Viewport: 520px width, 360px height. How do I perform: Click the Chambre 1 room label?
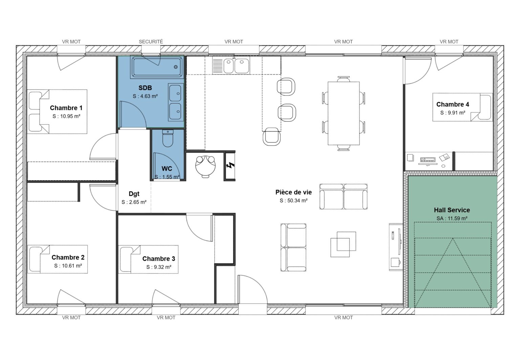pyautogui.click(x=66, y=108)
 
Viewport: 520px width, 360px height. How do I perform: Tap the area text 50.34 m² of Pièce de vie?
pyautogui.click(x=294, y=200)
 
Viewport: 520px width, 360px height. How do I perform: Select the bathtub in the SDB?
pyautogui.click(x=157, y=67)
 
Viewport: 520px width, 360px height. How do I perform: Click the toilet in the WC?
pyautogui.click(x=168, y=139)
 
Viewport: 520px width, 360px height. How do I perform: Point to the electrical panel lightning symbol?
pyautogui.click(x=230, y=166)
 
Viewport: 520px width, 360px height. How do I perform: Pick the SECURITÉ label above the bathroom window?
pyautogui.click(x=151, y=42)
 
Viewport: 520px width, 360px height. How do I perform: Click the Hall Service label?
pyautogui.click(x=452, y=210)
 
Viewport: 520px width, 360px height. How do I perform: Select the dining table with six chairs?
pyautogui.click(x=343, y=113)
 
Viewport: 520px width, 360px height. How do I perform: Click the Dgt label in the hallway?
pyautogui.click(x=134, y=194)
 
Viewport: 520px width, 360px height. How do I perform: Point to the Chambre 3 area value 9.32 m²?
pyautogui.click(x=159, y=267)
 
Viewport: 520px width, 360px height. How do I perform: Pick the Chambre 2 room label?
pyautogui.click(x=68, y=258)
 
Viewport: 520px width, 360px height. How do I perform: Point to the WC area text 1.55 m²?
pyautogui.click(x=167, y=177)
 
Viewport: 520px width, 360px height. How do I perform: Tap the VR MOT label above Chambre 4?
pyautogui.click(x=449, y=42)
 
